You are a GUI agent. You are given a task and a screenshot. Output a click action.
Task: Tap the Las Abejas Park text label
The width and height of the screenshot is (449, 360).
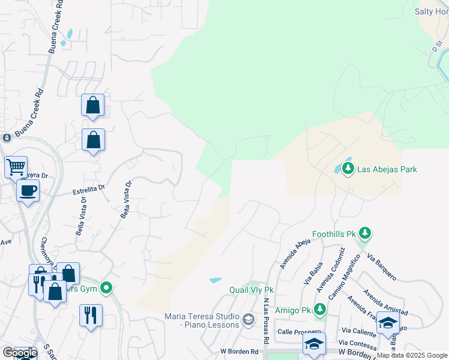point(387,170)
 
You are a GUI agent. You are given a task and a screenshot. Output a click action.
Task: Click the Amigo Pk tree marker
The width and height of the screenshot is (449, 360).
point(320,310)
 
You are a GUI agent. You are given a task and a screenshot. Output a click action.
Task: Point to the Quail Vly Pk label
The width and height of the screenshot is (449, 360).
point(251,290)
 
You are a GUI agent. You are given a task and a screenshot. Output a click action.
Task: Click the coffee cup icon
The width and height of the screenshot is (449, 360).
point(28,191)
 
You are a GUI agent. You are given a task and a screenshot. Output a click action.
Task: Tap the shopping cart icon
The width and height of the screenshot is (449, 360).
point(16,166)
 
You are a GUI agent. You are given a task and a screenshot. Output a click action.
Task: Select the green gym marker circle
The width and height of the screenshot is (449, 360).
point(107,289)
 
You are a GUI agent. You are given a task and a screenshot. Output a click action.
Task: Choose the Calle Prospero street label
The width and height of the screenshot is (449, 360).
point(296,332)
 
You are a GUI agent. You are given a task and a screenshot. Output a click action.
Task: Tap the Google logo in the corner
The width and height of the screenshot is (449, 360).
point(19,353)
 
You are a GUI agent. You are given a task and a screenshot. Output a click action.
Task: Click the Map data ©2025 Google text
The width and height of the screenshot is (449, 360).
point(412,355)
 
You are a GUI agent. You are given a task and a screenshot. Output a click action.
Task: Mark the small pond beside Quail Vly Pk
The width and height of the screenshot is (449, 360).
point(215,280)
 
